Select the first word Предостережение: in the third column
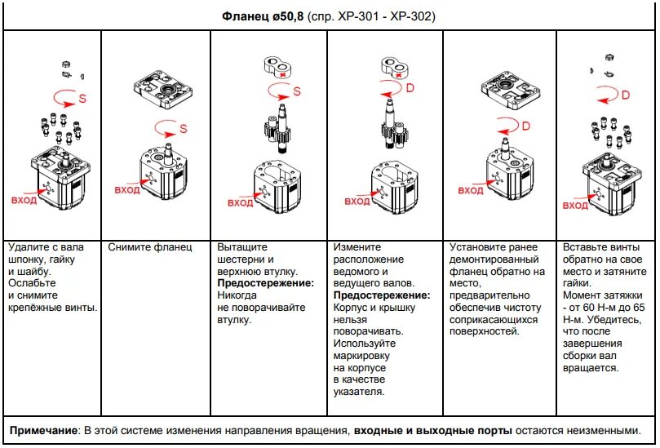pyautogui.click(x=265, y=283)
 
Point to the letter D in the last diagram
pyautogui.click(x=626, y=95)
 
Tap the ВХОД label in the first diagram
pyautogui.click(x=24, y=200)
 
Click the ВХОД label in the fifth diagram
pyautogui.click(x=470, y=190)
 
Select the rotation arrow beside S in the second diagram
pyautogui.click(x=165, y=128)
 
